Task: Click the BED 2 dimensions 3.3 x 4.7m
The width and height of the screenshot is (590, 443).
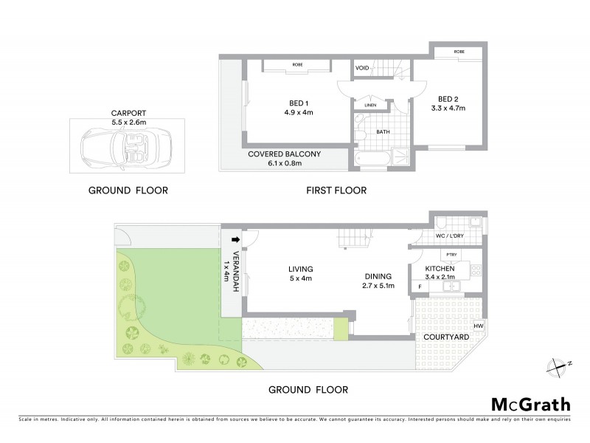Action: point(448,109)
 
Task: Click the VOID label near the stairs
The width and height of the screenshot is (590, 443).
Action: point(362,68)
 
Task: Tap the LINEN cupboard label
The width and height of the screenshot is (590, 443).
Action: point(370,106)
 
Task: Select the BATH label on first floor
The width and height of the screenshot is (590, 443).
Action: point(383,132)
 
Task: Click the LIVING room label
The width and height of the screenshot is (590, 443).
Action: point(301,269)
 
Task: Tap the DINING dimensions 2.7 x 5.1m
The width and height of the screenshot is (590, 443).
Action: point(379,286)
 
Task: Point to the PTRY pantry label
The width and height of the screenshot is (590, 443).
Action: point(452,255)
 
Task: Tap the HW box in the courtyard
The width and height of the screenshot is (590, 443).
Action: point(478,326)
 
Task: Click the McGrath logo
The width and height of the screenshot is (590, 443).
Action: point(531,404)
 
